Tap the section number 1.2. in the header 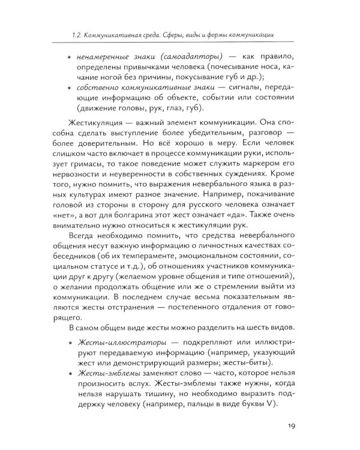click(78, 32)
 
